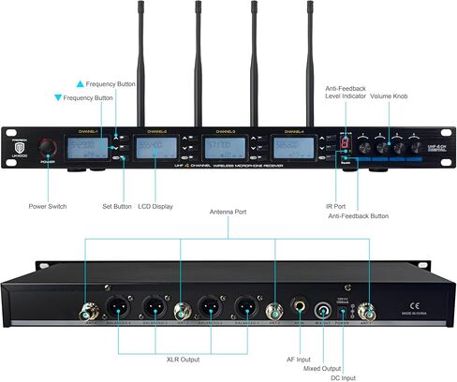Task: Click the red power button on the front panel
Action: tap(48, 148)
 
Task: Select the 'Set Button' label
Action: tap(117, 206)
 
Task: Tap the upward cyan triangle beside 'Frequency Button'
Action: tap(55, 82)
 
